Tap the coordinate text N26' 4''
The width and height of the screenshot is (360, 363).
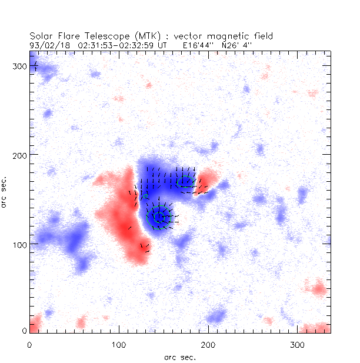(238, 44)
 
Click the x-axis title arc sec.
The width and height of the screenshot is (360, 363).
(179, 357)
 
